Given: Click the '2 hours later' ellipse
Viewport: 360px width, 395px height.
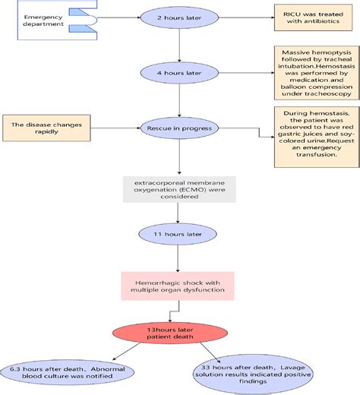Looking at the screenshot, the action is (x=179, y=17).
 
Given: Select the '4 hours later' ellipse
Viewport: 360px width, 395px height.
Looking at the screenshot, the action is (x=179, y=73).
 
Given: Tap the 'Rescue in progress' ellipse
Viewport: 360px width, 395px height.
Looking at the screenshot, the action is (x=179, y=128).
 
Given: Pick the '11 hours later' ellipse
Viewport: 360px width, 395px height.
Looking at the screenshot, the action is (x=178, y=234).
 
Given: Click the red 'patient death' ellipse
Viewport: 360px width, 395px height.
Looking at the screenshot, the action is (x=170, y=333).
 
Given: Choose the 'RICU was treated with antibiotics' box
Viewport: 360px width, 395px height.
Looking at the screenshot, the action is (x=313, y=17).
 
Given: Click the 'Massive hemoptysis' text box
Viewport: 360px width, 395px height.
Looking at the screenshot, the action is (x=317, y=73).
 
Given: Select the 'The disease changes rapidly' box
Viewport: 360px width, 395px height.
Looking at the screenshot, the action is (x=46, y=128).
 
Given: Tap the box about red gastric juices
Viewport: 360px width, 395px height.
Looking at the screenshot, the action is (x=317, y=137).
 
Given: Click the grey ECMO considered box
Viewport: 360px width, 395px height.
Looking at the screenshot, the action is (x=179, y=189).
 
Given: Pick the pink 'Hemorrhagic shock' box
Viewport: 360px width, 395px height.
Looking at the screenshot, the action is (x=178, y=286).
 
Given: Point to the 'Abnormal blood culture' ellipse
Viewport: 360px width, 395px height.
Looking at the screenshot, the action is (x=68, y=372).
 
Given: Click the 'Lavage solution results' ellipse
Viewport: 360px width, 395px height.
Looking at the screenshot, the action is (x=253, y=374).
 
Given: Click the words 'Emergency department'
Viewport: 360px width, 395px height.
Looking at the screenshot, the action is (x=43, y=21).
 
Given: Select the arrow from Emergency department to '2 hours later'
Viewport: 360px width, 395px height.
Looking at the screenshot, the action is (x=118, y=17).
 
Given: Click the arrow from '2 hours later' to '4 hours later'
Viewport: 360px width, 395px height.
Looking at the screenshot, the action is (x=179, y=46).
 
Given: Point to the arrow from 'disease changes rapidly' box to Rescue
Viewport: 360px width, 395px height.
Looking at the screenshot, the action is (x=115, y=128).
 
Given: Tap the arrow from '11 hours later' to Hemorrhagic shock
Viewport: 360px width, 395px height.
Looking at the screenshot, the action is (x=178, y=258).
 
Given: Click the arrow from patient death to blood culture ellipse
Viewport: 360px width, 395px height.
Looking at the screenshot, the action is (x=126, y=352).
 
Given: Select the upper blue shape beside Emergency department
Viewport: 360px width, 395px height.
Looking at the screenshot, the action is (x=81, y=12).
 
